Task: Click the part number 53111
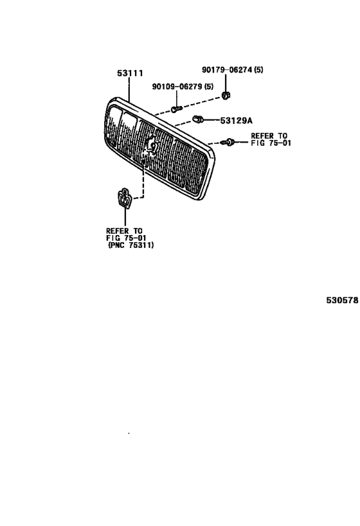coord(130,73)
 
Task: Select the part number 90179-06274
coord(227,70)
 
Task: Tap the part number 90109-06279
coord(177,87)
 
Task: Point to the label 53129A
coord(236,121)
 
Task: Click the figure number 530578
coord(342,300)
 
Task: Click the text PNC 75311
coord(131,245)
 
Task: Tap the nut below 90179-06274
coord(226,95)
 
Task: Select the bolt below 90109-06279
coord(176,109)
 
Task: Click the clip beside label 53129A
coord(197,119)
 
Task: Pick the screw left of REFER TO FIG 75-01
coord(228,142)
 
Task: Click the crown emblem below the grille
coord(125,198)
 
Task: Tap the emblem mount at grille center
coord(150,147)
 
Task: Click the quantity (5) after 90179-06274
coord(258,70)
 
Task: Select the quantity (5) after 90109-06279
coord(208,87)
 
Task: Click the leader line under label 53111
coord(129,89)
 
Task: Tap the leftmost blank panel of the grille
coord(113,127)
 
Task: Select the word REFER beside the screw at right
coord(262,136)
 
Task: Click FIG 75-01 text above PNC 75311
coord(126,238)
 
